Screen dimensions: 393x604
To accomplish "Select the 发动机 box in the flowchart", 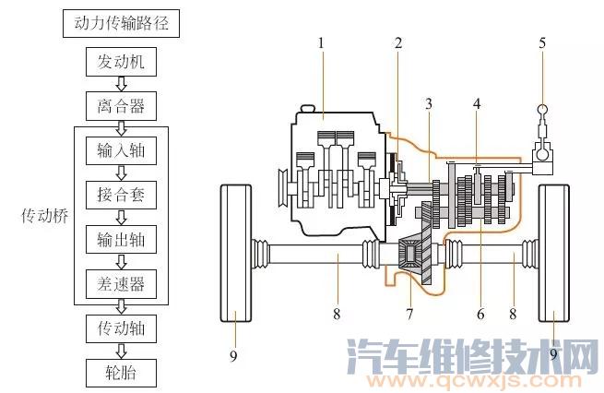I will (x=120, y=63).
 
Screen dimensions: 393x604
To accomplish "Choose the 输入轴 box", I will (x=120, y=149).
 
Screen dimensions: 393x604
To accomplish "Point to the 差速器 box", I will (x=120, y=281).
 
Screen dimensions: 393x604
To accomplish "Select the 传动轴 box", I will (x=120, y=327).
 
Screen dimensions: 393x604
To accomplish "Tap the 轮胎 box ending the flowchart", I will (x=120, y=372).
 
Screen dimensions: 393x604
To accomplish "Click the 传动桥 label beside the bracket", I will (x=43, y=216).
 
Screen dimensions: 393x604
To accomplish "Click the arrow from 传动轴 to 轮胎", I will (x=120, y=350).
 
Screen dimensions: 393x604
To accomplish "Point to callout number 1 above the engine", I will (x=321, y=42).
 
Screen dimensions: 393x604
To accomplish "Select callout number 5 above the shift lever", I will (x=542, y=42).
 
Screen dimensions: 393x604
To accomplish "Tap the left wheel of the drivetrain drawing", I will (x=236, y=255).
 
